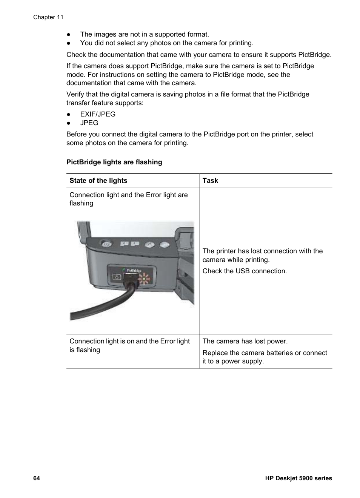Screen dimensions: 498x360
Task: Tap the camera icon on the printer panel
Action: [116, 277]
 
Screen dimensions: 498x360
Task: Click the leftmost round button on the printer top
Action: [107, 244]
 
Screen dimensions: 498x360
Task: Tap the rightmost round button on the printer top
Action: [165, 245]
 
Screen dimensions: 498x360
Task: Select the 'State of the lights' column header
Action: [98, 181]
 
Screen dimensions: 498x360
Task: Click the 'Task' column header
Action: [210, 181]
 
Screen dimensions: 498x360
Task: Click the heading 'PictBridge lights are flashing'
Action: [114, 162]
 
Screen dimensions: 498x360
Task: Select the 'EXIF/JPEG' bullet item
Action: [98, 114]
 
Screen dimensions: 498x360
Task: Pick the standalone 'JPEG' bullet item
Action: [89, 123]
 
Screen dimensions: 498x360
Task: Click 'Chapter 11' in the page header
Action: [48, 17]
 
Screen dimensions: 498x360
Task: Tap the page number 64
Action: [37, 478]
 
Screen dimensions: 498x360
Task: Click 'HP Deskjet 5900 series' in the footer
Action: [298, 478]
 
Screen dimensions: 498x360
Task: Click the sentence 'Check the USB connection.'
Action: [245, 271]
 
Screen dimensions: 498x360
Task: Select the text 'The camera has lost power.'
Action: [245, 341]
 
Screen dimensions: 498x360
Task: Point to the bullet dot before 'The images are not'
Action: [69, 34]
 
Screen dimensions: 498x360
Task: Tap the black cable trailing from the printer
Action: [98, 309]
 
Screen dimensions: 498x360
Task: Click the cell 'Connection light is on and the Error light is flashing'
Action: [129, 345]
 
